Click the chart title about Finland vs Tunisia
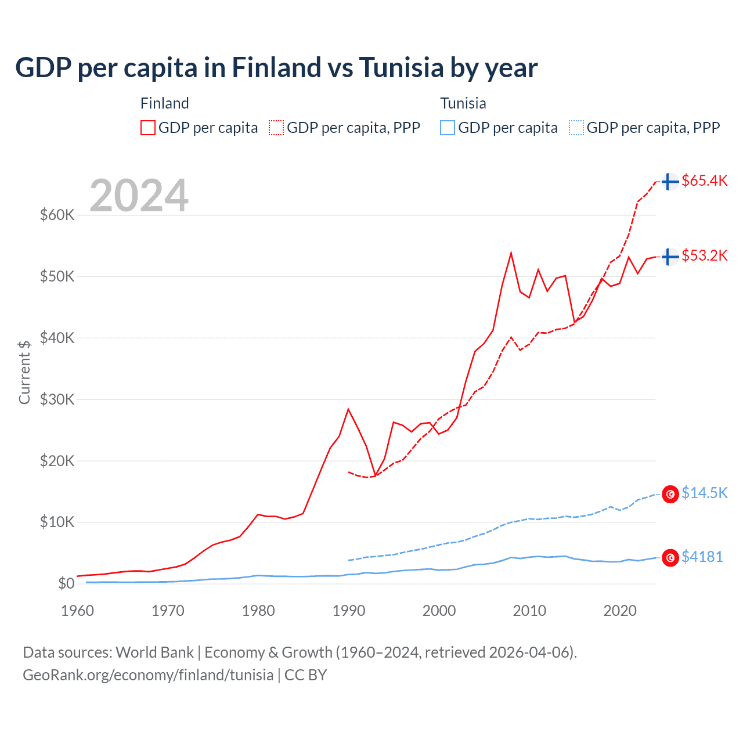tap(276, 68)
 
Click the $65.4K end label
tap(704, 181)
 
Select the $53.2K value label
tap(704, 255)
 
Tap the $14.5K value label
tap(704, 493)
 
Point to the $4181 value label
tap(702, 557)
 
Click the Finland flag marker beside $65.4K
tap(670, 182)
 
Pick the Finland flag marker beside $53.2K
tap(670, 256)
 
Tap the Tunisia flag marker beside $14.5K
tap(670, 494)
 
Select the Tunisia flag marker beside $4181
tap(670, 558)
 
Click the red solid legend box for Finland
tap(148, 128)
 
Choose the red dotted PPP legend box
tap(276, 128)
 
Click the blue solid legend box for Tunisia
tap(448, 128)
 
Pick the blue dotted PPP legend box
tap(576, 128)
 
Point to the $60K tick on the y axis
tap(57, 215)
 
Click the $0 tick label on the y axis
tap(66, 583)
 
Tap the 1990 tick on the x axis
tap(349, 611)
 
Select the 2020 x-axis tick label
tap(620, 611)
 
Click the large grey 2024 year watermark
tap(139, 196)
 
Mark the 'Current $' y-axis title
tap(24, 372)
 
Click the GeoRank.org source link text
tap(148, 675)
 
